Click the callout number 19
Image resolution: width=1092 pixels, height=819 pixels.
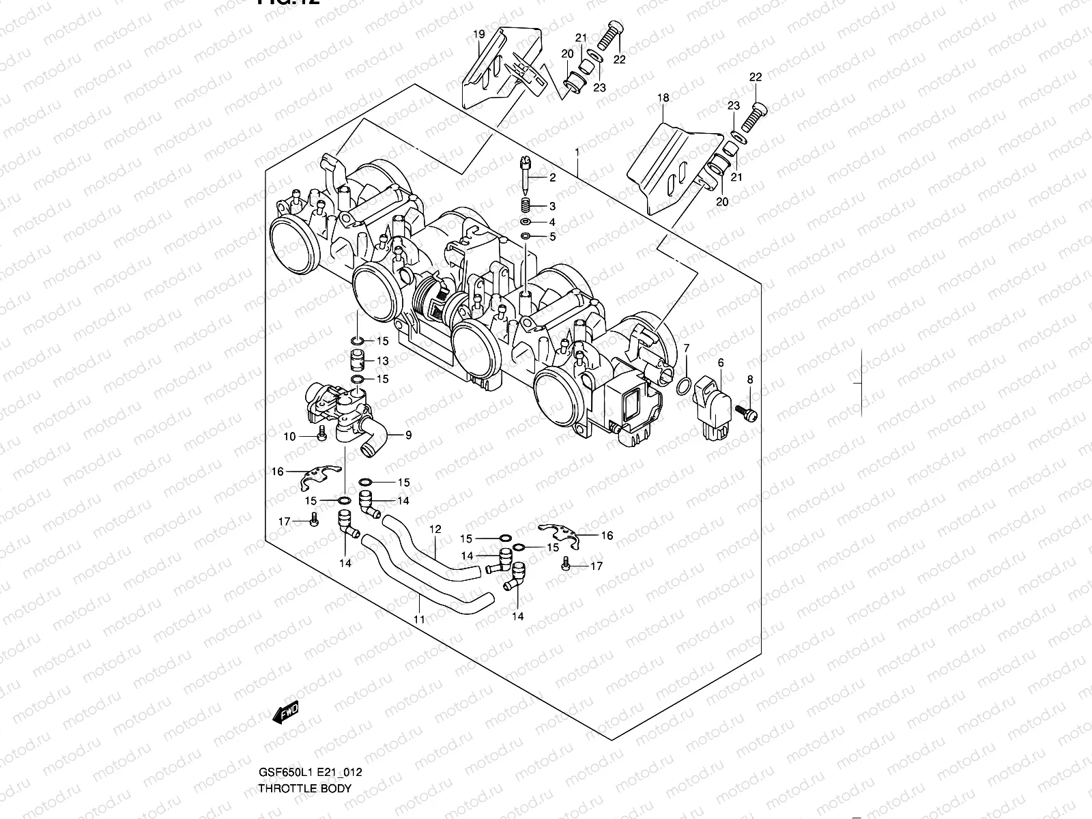pyautogui.click(x=478, y=34)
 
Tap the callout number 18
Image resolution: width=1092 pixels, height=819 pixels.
pyautogui.click(x=663, y=98)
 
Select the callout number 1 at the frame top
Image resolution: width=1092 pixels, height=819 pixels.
pyautogui.click(x=577, y=151)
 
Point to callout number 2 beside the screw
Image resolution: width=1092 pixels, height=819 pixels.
pyautogui.click(x=552, y=178)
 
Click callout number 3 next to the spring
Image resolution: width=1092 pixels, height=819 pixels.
pyautogui.click(x=552, y=206)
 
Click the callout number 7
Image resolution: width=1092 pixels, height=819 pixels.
pyautogui.click(x=687, y=349)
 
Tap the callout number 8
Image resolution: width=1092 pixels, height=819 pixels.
pyautogui.click(x=749, y=379)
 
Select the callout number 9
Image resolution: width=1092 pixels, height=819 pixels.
pyautogui.click(x=408, y=435)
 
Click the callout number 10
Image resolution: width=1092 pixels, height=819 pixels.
pyautogui.click(x=289, y=436)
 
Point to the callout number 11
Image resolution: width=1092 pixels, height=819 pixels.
pyautogui.click(x=419, y=619)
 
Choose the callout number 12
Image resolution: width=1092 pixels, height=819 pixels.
pyautogui.click(x=435, y=529)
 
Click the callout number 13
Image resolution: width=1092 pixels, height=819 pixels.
pyautogui.click(x=382, y=361)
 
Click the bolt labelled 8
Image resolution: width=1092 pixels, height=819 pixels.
pyautogui.click(x=747, y=412)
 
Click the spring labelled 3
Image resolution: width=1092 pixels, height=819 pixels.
pyautogui.click(x=525, y=205)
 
